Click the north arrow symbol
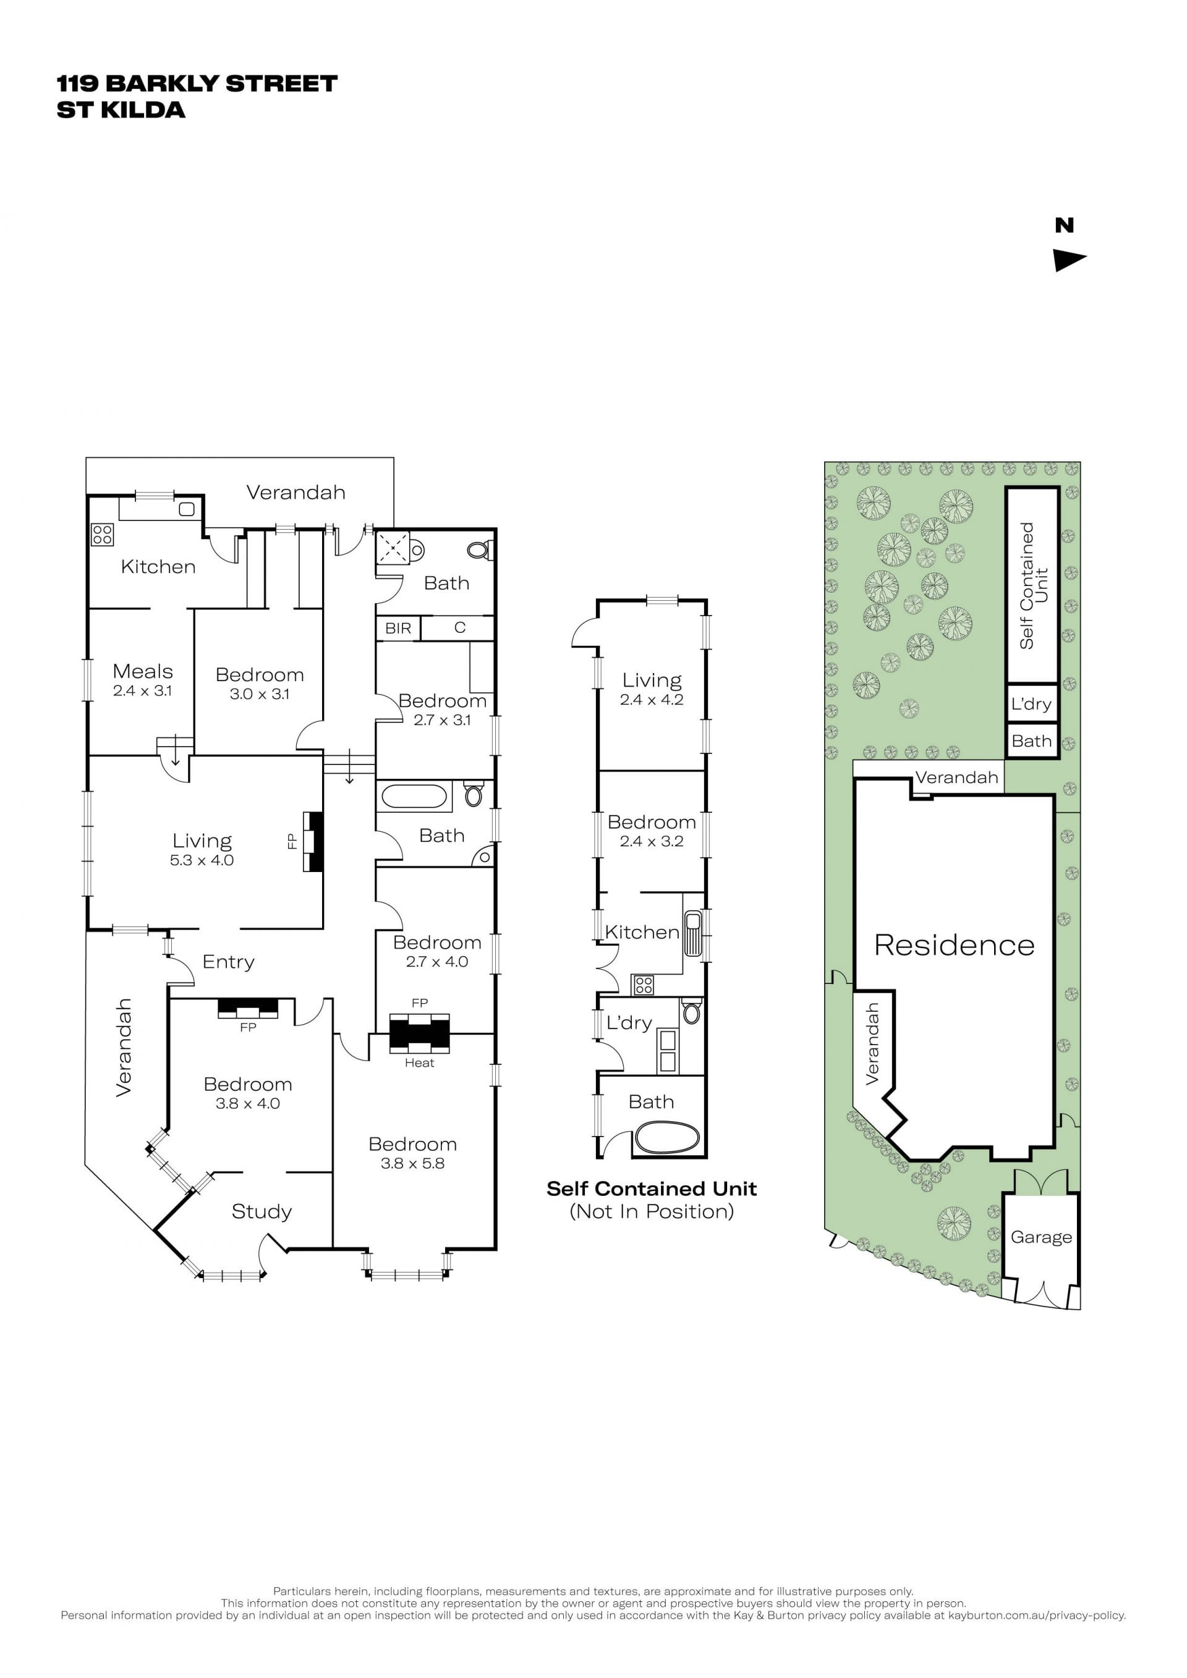point(1068,260)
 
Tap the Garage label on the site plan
point(1041,1237)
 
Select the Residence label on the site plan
point(954,945)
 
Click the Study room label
point(262,1212)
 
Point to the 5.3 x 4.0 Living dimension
point(202,860)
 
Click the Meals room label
point(143,671)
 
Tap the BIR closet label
point(398,628)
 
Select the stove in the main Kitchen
point(103,535)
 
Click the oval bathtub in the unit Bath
point(666,1138)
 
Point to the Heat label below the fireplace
point(420,1062)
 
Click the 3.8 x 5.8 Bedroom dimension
point(412,1164)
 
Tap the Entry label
point(228,962)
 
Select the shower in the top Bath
point(393,547)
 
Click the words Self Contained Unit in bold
point(651,1189)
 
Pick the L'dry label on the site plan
point(1031,704)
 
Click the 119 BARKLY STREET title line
point(197,83)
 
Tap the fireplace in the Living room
point(313,841)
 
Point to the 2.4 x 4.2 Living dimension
point(651,700)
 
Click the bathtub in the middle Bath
point(414,796)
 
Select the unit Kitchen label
point(642,932)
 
